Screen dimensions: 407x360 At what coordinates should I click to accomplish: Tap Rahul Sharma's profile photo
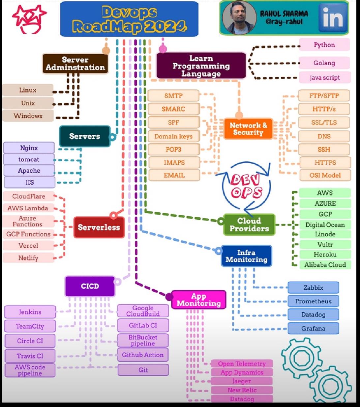pos(239,18)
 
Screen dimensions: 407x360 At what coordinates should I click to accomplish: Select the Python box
pos(324,45)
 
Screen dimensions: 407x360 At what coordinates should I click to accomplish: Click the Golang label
pos(324,63)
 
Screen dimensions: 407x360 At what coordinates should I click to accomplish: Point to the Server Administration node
pos(75,64)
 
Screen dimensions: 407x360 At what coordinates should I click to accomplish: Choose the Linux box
pos(28,90)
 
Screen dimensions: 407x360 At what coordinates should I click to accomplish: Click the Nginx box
pos(29,148)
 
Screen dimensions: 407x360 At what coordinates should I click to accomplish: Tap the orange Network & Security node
pos(248,129)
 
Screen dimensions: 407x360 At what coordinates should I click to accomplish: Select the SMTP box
pos(173,96)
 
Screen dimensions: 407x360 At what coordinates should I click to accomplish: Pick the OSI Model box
pos(325,175)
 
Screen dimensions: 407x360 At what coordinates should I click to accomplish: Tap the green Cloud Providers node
pos(249,225)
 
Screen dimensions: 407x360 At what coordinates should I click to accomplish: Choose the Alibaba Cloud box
pos(325,265)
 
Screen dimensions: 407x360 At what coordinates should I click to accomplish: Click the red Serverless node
pos(99,227)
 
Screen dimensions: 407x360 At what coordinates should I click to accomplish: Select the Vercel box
pos(28,246)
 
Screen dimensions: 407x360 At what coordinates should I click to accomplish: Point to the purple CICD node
pos(90,286)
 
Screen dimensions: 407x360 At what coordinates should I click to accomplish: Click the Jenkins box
pos(30,312)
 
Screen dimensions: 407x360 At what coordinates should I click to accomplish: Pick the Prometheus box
pos(313,301)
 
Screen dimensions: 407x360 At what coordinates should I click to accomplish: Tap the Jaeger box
pos(241,381)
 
